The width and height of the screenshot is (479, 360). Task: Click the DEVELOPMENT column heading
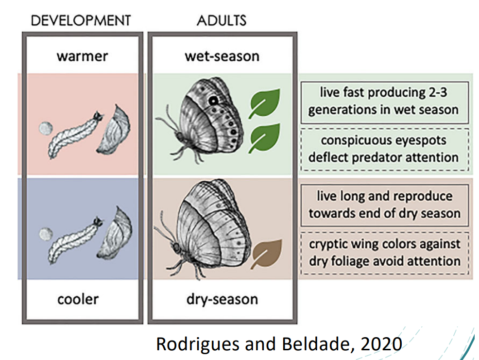81,20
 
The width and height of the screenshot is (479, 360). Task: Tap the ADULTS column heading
222,20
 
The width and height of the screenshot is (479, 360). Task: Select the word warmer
82,56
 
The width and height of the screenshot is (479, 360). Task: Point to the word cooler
78,299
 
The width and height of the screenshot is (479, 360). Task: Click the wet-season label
222,56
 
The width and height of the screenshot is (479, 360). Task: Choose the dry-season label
222,299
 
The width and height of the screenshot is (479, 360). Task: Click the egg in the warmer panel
46,128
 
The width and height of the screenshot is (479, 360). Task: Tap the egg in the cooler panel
46,234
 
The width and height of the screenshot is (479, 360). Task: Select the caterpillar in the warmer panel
75,135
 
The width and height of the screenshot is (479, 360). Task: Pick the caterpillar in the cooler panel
75,240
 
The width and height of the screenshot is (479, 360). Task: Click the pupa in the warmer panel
114,129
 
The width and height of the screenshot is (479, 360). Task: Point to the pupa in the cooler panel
114,233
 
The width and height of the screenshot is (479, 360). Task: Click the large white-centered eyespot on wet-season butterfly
213,100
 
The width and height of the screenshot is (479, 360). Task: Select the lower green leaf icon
265,138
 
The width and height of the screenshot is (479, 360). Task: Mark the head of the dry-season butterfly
176,246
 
